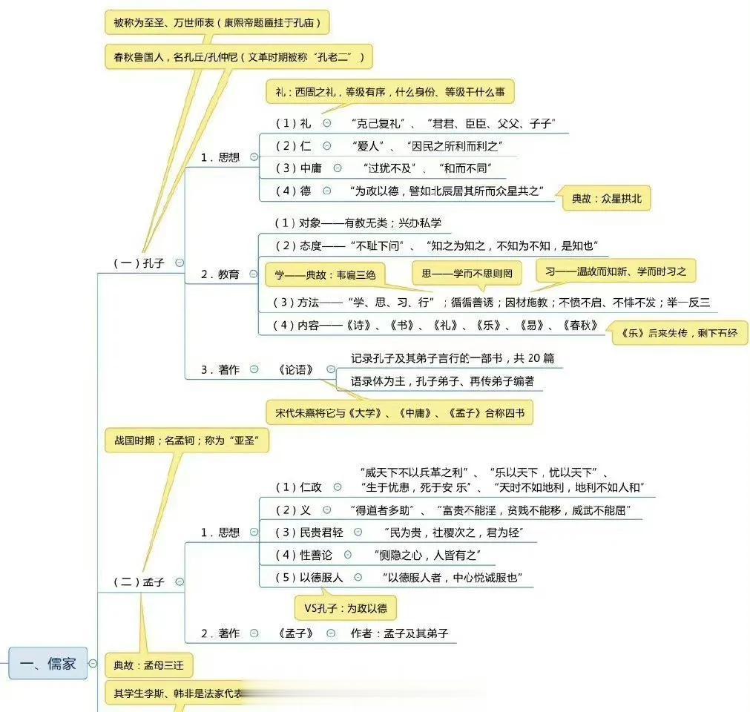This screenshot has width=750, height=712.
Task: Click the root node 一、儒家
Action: pyautogui.click(x=48, y=663)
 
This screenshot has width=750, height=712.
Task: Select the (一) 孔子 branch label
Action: pyautogui.click(x=138, y=263)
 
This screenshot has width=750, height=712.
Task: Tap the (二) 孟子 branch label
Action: pyautogui.click(x=138, y=582)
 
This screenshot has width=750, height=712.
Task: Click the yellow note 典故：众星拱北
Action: pyautogui.click(x=606, y=198)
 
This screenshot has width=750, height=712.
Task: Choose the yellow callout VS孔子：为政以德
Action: pyautogui.click(x=346, y=608)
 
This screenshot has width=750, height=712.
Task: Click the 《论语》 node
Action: pyautogui.click(x=297, y=369)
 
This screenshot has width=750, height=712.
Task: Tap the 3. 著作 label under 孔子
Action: pyautogui.click(x=220, y=369)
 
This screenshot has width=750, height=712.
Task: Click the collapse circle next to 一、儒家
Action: pyautogui.click(x=93, y=663)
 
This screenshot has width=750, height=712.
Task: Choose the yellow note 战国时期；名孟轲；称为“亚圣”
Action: pyautogui.click(x=186, y=441)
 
